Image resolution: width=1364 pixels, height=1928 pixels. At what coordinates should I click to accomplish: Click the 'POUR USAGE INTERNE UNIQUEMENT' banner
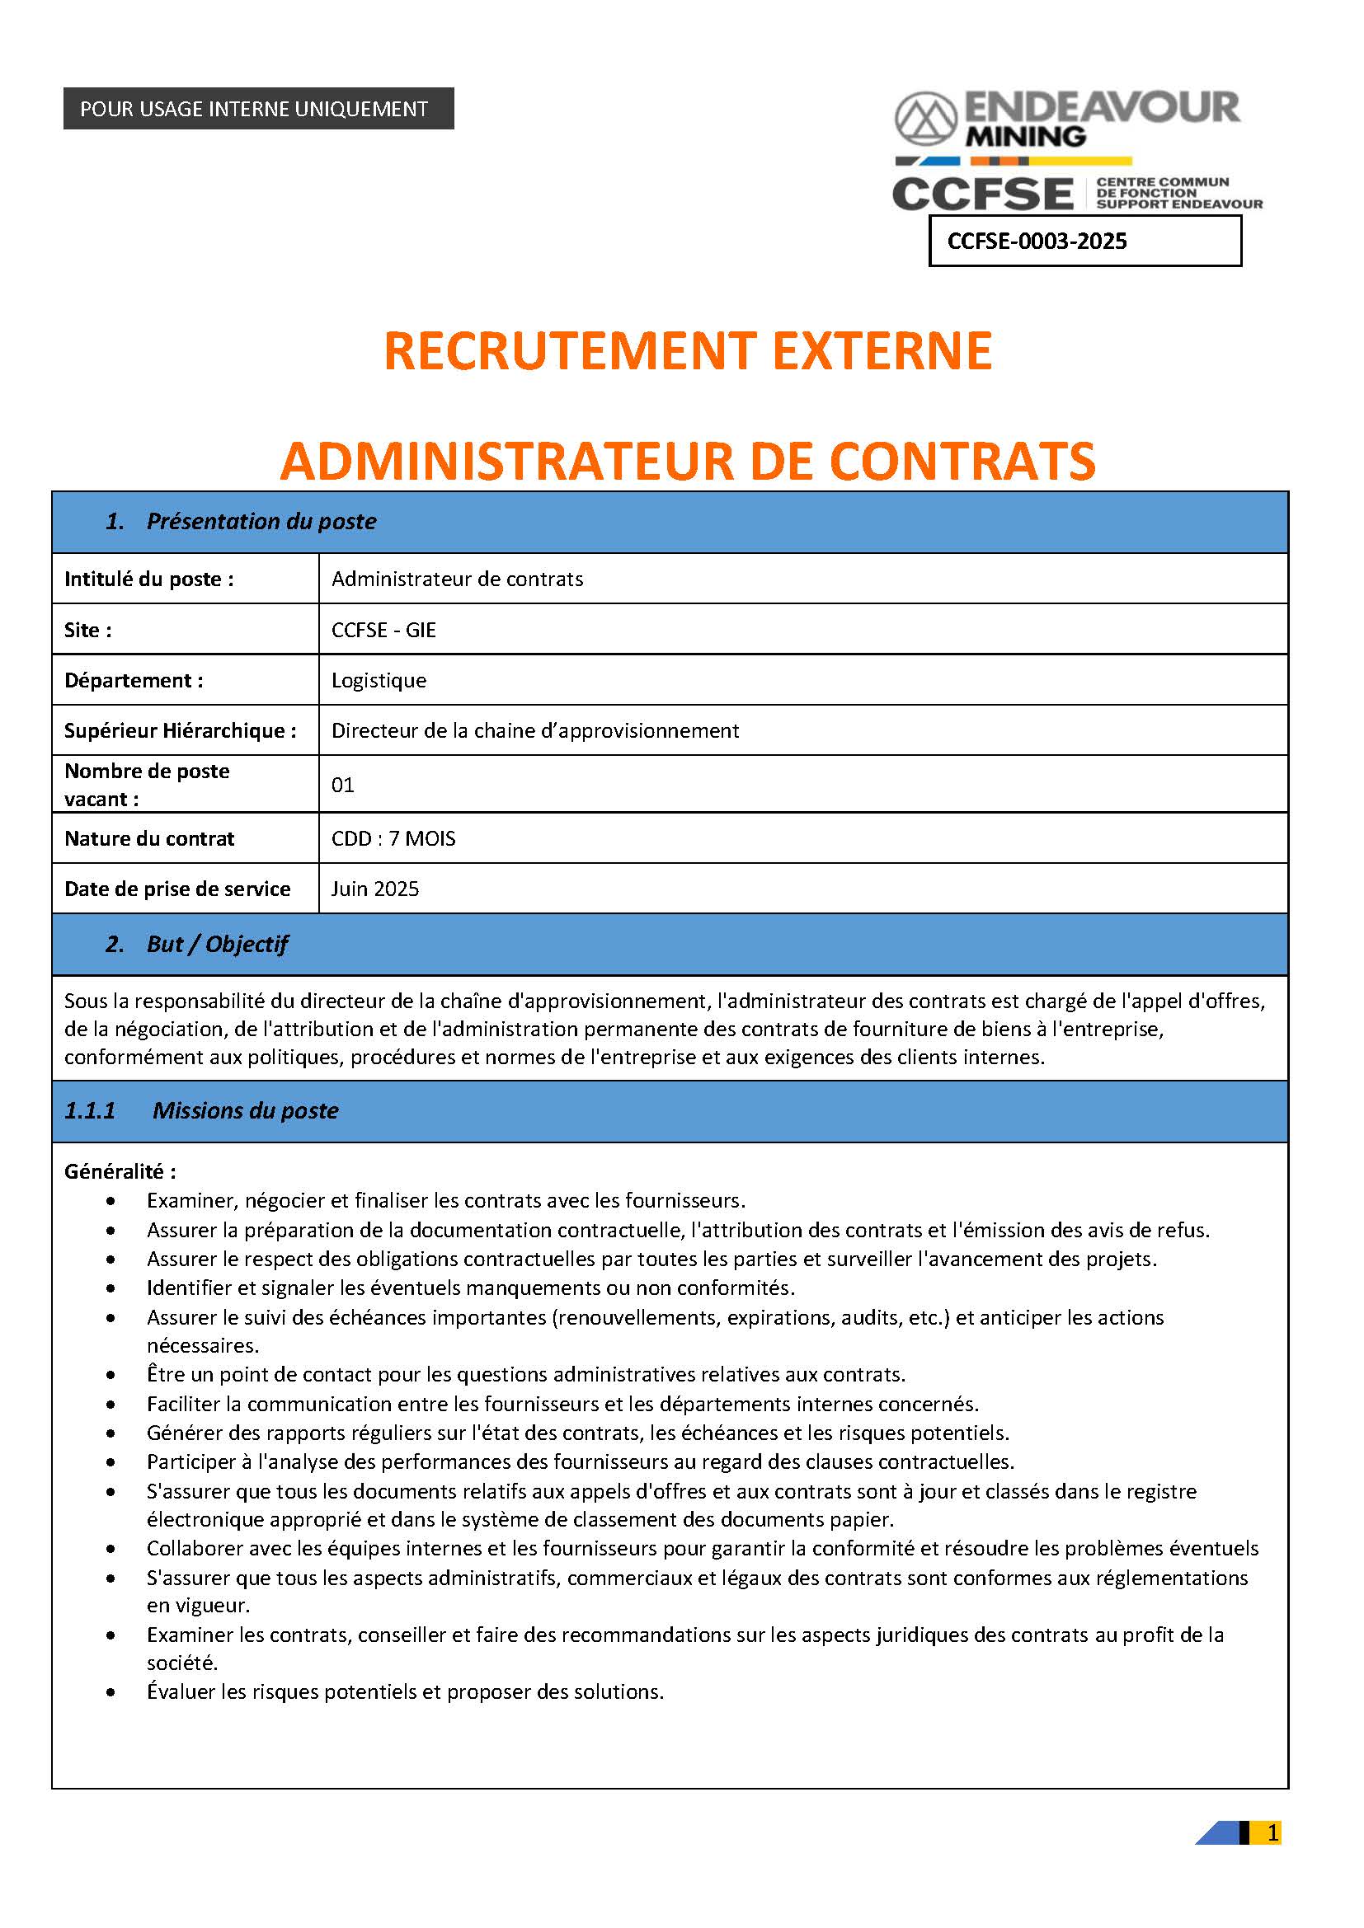[x=258, y=108]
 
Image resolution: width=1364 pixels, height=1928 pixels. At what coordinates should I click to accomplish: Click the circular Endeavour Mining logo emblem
[x=925, y=119]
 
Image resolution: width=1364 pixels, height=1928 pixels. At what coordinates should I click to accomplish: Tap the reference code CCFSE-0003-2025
[x=1037, y=241]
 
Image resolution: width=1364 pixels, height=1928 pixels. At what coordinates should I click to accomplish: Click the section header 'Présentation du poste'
[x=261, y=522]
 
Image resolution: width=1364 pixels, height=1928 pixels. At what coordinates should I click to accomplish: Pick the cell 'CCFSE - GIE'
[x=383, y=630]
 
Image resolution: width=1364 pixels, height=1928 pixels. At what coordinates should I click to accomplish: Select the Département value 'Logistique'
[x=379, y=680]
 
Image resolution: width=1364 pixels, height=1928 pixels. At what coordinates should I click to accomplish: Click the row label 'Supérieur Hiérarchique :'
[x=181, y=730]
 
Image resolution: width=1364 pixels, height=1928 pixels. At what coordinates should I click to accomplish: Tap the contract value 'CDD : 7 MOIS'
[x=393, y=838]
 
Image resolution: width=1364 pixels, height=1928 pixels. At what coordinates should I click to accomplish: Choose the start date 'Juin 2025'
[x=374, y=889]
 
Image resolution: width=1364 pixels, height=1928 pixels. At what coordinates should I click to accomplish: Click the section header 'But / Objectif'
[x=217, y=944]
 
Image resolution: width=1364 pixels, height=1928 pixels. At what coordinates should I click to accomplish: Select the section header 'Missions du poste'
[x=245, y=1110]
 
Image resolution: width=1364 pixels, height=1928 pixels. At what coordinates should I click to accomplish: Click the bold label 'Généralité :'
[x=120, y=1171]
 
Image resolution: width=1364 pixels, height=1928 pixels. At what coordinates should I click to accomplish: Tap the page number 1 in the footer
[x=1272, y=1833]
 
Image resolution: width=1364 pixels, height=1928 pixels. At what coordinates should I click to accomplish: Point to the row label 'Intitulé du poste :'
[x=148, y=579]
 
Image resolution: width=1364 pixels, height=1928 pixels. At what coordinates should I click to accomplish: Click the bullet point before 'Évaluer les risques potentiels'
[x=111, y=1692]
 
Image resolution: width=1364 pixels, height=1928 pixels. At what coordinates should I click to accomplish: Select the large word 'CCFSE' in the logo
[x=983, y=194]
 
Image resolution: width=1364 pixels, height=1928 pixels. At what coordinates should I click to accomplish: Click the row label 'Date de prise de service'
[x=177, y=889]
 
